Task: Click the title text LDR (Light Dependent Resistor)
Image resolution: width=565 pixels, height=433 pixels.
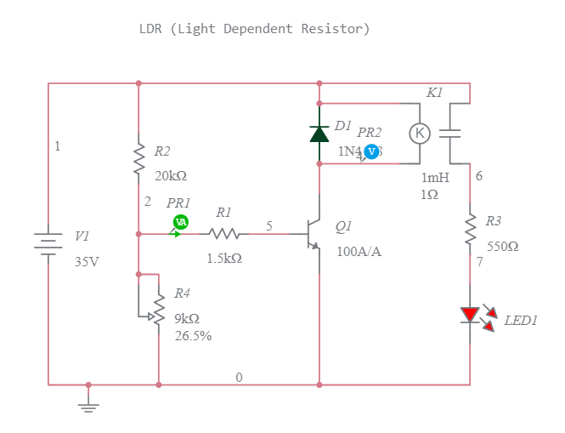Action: pyautogui.click(x=254, y=29)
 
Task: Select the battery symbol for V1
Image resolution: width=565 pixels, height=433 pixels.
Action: pyautogui.click(x=48, y=242)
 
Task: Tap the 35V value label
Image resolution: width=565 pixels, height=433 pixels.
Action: pyautogui.click(x=87, y=261)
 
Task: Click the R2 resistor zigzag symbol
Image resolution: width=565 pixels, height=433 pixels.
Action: pyautogui.click(x=138, y=159)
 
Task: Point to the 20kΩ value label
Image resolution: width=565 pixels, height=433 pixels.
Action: pyautogui.click(x=170, y=176)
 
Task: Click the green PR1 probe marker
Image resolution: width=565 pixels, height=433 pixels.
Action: pyautogui.click(x=180, y=222)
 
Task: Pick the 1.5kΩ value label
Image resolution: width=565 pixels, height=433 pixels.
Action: pyautogui.click(x=224, y=258)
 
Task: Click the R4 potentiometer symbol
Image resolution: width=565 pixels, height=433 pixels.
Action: pyautogui.click(x=158, y=311)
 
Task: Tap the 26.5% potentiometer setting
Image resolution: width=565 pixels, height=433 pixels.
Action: pyautogui.click(x=193, y=335)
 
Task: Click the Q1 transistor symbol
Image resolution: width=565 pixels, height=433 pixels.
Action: pyautogui.click(x=313, y=234)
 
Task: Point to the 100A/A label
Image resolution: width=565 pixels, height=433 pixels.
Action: pyautogui.click(x=359, y=252)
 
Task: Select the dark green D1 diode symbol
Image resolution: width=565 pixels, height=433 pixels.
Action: pyautogui.click(x=319, y=134)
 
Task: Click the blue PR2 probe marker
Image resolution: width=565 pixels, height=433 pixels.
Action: pyautogui.click(x=371, y=151)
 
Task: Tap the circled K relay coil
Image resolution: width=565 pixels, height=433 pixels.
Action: pyautogui.click(x=419, y=134)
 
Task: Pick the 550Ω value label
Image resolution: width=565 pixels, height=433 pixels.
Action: pyautogui.click(x=502, y=247)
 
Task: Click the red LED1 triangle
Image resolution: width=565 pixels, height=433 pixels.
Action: pyautogui.click(x=470, y=315)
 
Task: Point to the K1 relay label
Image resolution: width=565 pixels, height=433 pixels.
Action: pyautogui.click(x=435, y=92)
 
